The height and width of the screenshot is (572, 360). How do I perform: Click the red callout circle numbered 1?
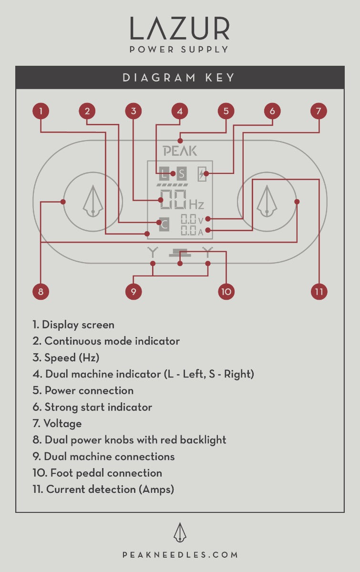point(41,112)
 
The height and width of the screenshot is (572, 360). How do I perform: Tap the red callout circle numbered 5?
point(226,112)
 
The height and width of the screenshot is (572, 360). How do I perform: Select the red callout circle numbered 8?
point(41,291)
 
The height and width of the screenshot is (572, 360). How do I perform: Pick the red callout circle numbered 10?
point(226,291)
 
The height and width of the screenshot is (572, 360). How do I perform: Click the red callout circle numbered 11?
point(319,291)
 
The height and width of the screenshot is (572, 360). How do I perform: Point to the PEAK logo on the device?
point(180,151)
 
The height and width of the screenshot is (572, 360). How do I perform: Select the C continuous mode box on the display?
point(164,224)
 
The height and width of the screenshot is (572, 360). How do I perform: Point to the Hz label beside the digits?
point(196,205)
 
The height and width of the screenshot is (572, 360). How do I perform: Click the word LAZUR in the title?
point(180,30)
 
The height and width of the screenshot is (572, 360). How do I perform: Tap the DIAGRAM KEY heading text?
point(180,78)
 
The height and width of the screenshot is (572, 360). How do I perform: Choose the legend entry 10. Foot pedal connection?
point(97,473)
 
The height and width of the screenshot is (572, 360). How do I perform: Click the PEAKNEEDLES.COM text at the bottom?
point(180,555)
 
